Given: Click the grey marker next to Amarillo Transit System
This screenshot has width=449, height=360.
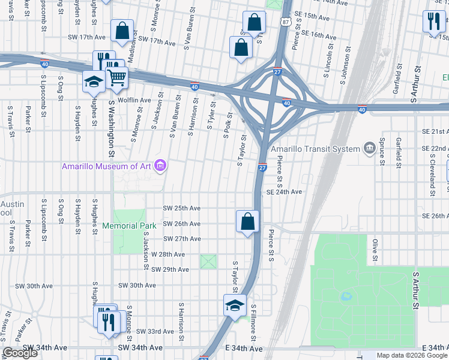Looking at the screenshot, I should [x=368, y=148].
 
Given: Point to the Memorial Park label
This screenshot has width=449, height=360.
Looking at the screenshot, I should [x=129, y=226].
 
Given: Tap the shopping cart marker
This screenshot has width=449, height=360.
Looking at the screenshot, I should [x=116, y=77].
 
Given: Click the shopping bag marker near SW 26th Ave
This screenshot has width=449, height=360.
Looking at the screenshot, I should [x=247, y=222].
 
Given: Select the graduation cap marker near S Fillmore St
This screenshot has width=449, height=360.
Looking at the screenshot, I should [x=235, y=305].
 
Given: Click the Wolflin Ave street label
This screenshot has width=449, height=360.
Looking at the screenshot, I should [x=134, y=100].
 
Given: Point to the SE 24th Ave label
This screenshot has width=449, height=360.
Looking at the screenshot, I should [x=284, y=192].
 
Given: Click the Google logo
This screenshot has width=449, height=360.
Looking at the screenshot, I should [x=20, y=353].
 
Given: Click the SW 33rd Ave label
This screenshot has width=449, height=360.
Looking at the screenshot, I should [x=155, y=331].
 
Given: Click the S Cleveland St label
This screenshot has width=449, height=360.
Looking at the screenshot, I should [x=432, y=170].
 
